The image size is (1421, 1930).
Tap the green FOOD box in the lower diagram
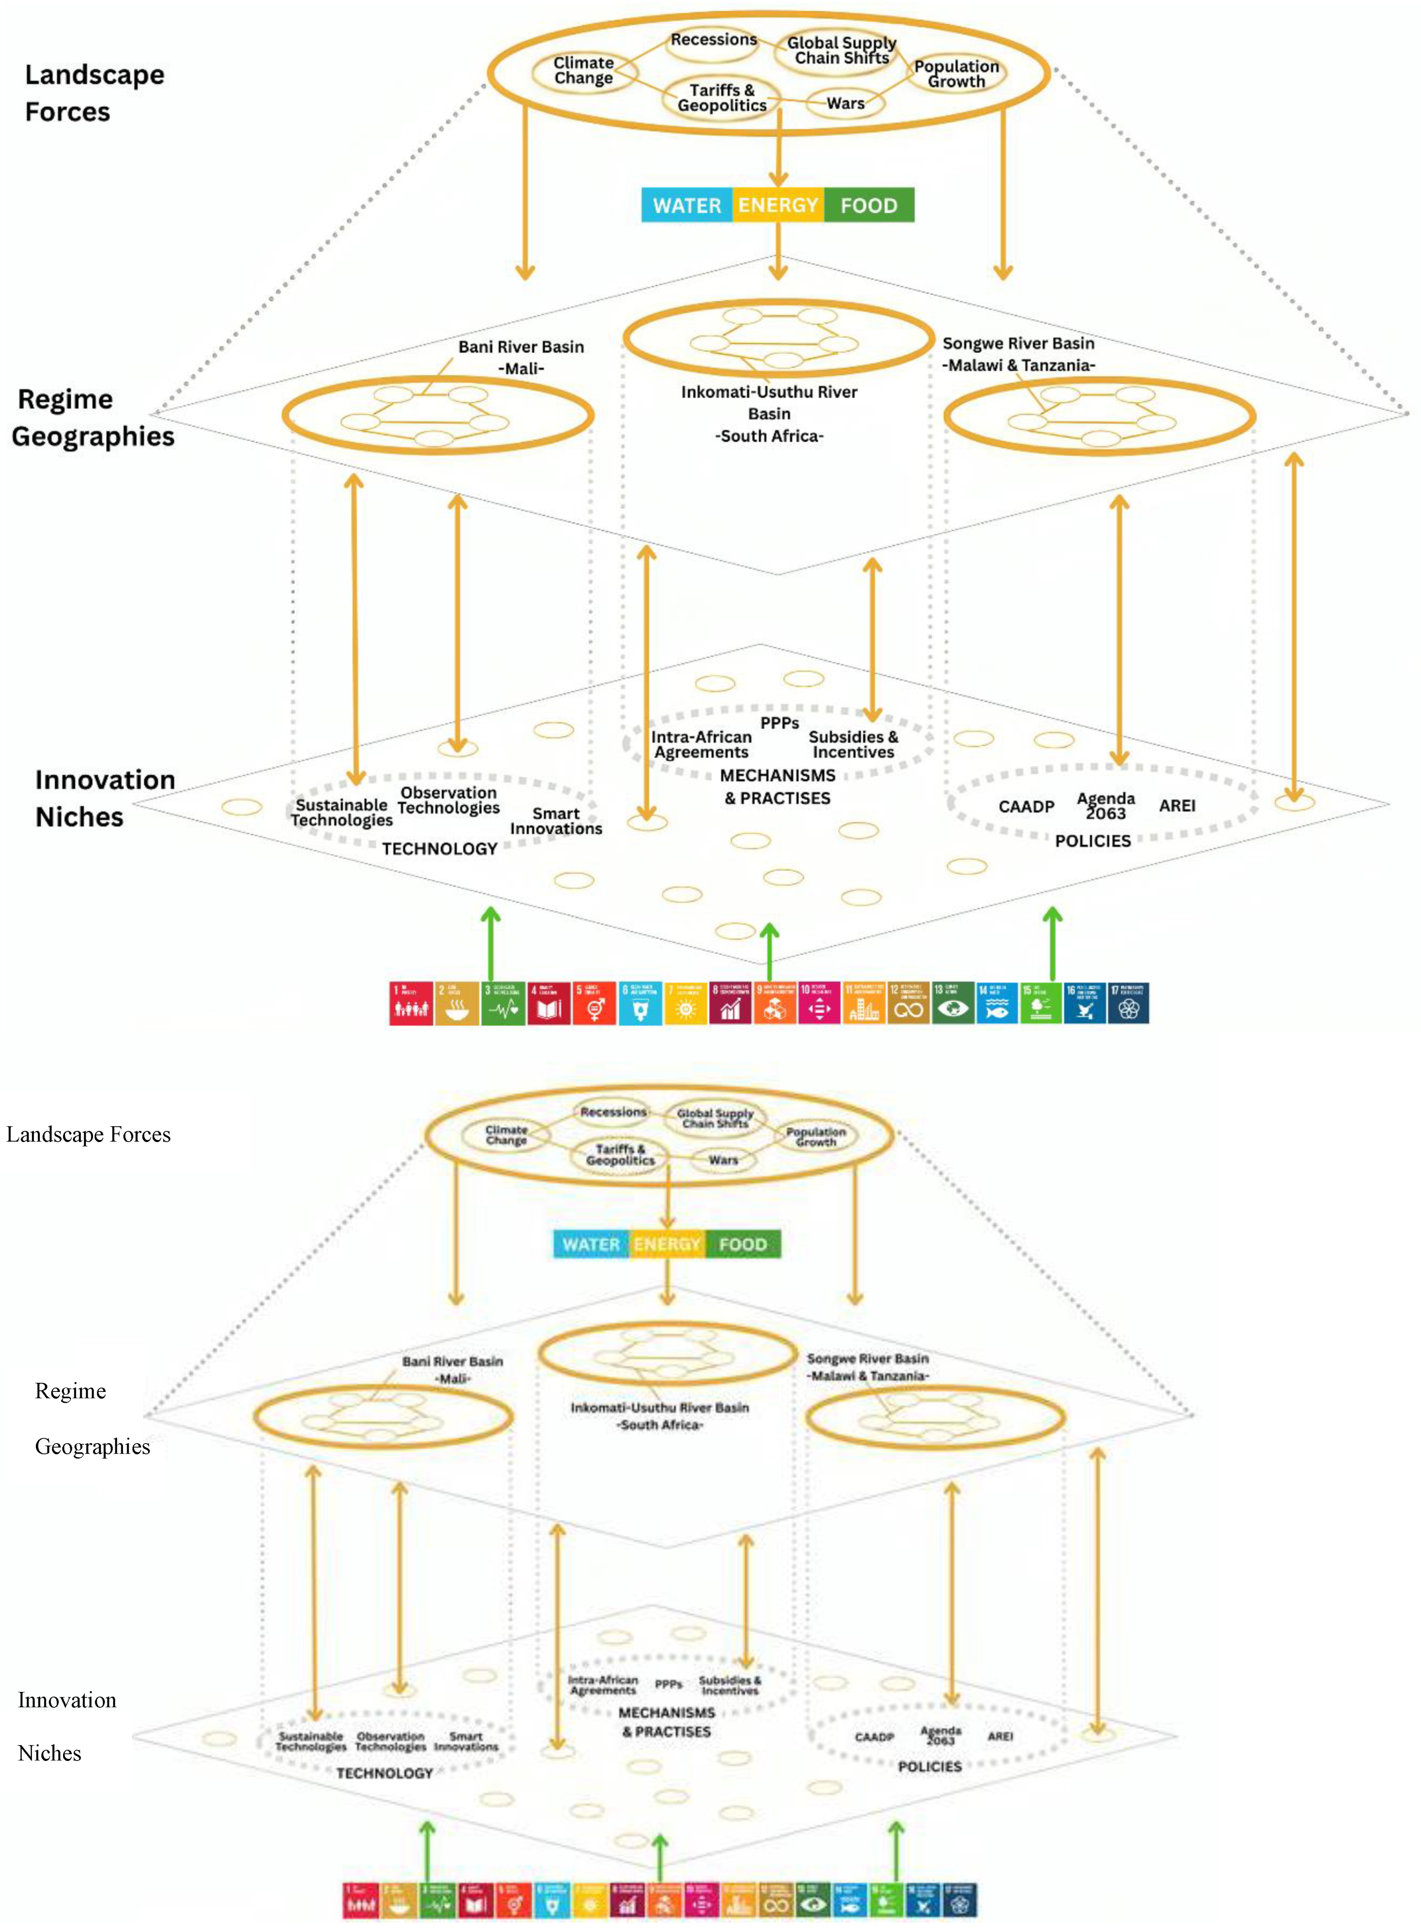pyautogui.click(x=743, y=1245)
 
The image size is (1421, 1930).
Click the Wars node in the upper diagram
pyautogui.click(x=846, y=103)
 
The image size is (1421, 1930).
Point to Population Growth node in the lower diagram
pyautogui.click(x=815, y=1137)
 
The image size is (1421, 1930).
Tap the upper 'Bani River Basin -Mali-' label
pyautogui.click(x=520, y=357)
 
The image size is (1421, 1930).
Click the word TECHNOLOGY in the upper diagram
pyautogui.click(x=440, y=849)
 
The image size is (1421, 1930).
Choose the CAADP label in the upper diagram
pyautogui.click(x=1026, y=807)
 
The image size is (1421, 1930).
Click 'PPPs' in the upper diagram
pyautogui.click(x=779, y=723)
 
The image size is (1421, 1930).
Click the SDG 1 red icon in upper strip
pyautogui.click(x=410, y=1003)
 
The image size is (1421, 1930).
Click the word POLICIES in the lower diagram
pyautogui.click(x=930, y=1766)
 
